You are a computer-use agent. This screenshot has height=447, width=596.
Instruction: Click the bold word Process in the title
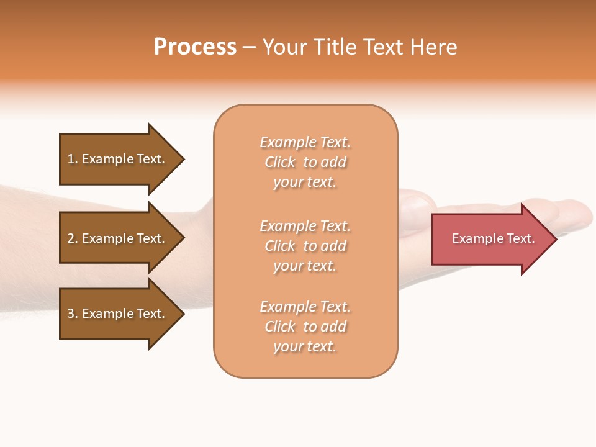[x=195, y=47]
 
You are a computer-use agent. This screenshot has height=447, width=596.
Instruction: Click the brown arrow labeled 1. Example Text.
[x=118, y=159]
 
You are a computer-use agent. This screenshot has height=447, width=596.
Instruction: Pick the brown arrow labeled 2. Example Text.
[x=118, y=238]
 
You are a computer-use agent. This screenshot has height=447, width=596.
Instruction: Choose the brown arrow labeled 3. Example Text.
[x=118, y=314]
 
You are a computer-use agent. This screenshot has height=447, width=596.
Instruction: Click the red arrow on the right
[x=490, y=239]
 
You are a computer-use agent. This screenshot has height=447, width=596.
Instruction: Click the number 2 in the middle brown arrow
[x=71, y=238]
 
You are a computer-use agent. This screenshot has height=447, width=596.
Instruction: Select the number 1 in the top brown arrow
[x=71, y=159]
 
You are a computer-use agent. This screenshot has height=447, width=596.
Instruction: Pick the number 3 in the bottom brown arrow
[x=71, y=314]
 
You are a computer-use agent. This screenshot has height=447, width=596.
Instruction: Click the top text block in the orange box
[x=305, y=162]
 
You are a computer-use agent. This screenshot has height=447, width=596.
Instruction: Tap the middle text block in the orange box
[x=305, y=246]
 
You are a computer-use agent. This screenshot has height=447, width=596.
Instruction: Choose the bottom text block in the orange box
[x=305, y=327]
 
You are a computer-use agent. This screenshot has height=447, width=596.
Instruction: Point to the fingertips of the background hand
[x=577, y=214]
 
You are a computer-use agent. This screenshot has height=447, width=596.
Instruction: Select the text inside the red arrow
[x=493, y=238]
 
